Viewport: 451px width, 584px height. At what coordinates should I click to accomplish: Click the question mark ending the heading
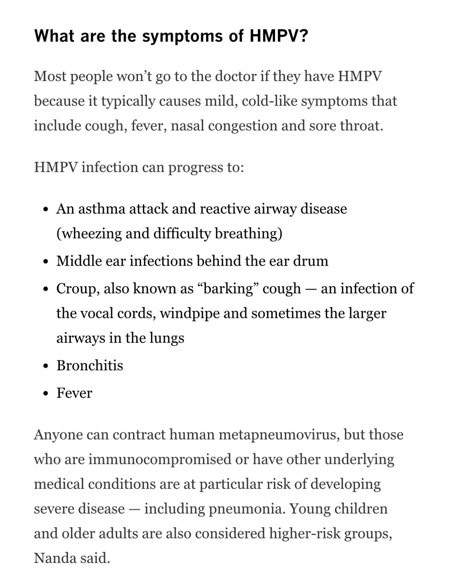point(303,36)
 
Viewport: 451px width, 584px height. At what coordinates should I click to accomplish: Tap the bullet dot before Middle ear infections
point(46,262)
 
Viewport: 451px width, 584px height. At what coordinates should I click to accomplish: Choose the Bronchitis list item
point(90,365)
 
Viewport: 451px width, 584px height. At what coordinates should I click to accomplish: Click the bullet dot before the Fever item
point(46,394)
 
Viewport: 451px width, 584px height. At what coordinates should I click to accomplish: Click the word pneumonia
point(244,509)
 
